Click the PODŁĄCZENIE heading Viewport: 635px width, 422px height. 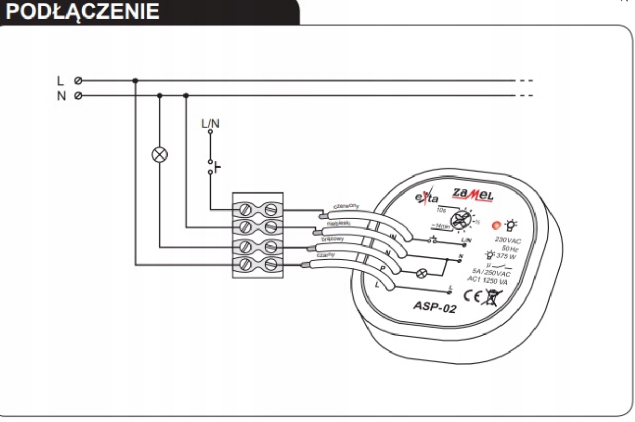(x=83, y=11)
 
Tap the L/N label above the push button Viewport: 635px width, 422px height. (x=210, y=124)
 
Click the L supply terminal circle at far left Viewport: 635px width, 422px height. (x=78, y=81)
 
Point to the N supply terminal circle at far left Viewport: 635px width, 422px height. (x=78, y=96)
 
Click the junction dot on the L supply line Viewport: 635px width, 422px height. (x=135, y=81)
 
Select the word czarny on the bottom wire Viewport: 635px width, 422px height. (x=326, y=255)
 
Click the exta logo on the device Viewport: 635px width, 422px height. (x=427, y=198)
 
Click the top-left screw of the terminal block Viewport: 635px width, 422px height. (x=246, y=209)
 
